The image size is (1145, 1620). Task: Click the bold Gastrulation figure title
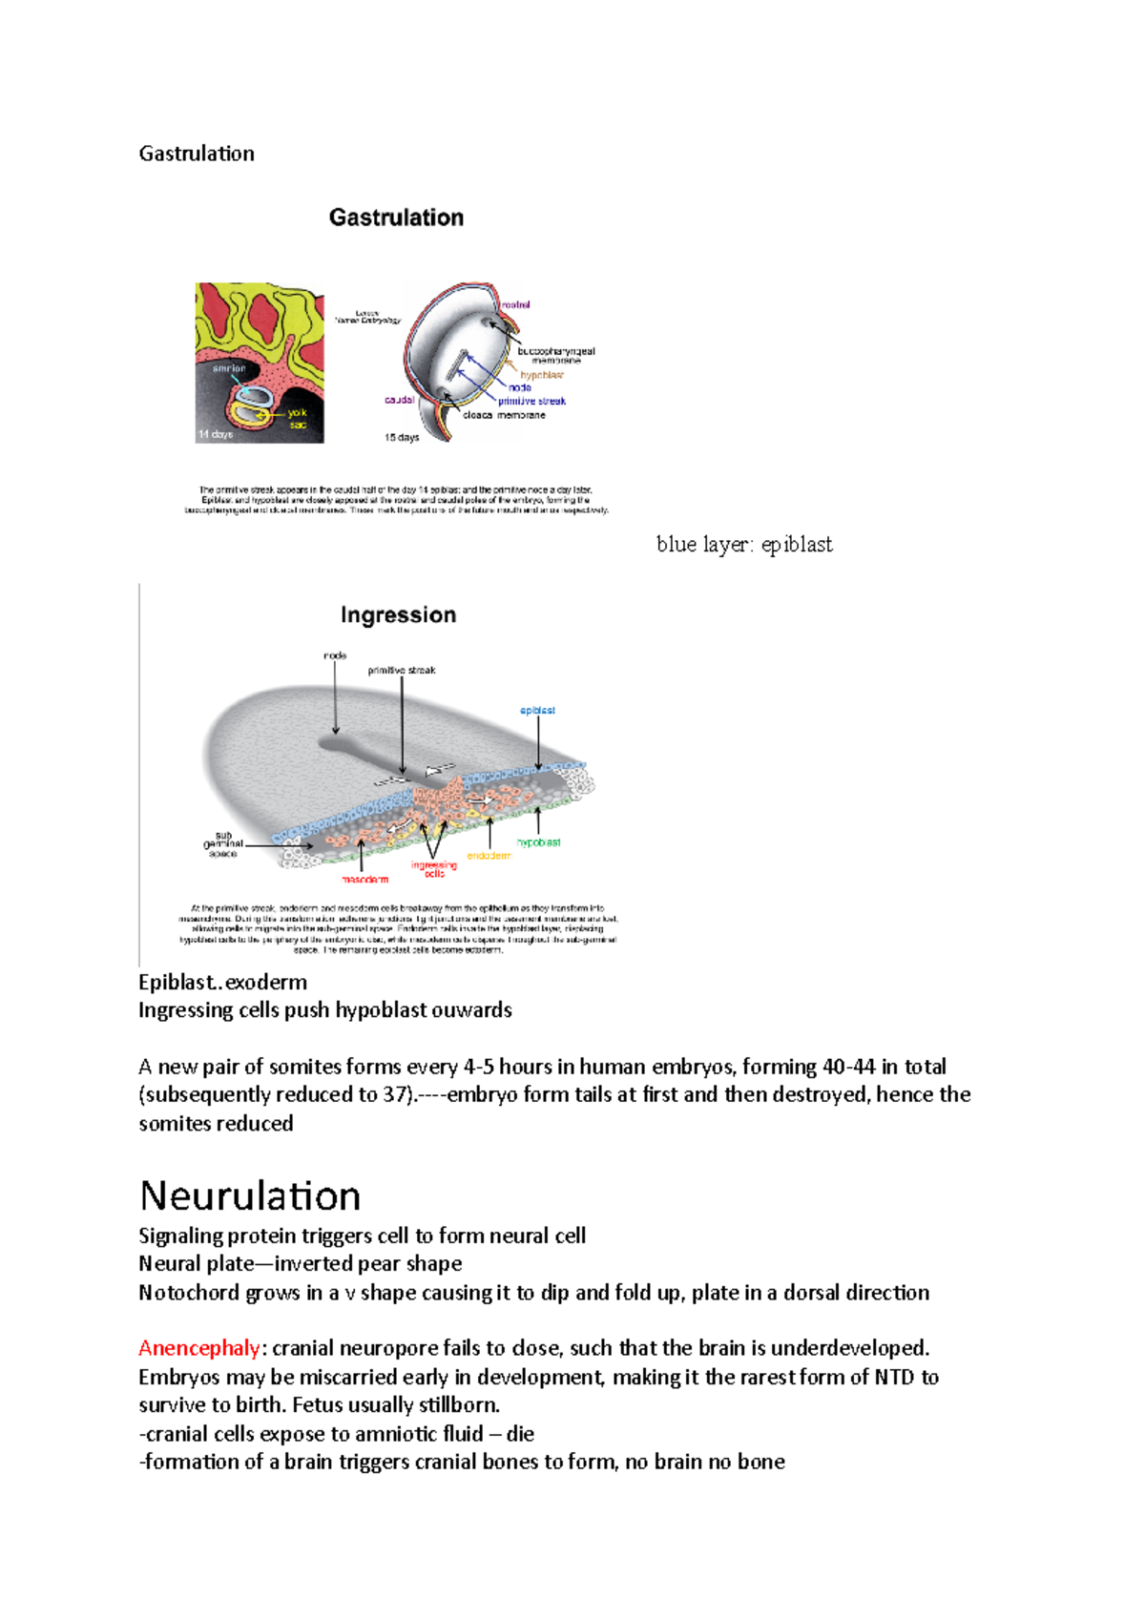(396, 218)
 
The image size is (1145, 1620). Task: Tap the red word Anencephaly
(198, 1348)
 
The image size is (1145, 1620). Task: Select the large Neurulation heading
(250, 1195)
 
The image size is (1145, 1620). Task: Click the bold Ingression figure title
(398, 615)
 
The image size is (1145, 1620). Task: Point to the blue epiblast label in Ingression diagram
(537, 710)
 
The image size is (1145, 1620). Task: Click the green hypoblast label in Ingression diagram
(538, 842)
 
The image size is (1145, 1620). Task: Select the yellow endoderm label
(489, 856)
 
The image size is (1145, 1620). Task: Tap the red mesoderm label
(365, 879)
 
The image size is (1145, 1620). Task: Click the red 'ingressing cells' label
(434, 868)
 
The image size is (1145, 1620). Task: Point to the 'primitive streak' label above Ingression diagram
(402, 671)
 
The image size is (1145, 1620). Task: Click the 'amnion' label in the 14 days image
(229, 368)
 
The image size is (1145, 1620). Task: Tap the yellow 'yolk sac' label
(298, 419)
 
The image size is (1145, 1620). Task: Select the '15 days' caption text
(402, 438)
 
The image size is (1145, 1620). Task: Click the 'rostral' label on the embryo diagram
(516, 304)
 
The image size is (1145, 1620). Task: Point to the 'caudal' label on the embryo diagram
(399, 400)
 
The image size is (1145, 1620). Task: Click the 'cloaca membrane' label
(504, 415)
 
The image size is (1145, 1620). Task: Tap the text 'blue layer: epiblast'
(744, 545)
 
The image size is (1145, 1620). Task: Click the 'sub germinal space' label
(223, 844)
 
